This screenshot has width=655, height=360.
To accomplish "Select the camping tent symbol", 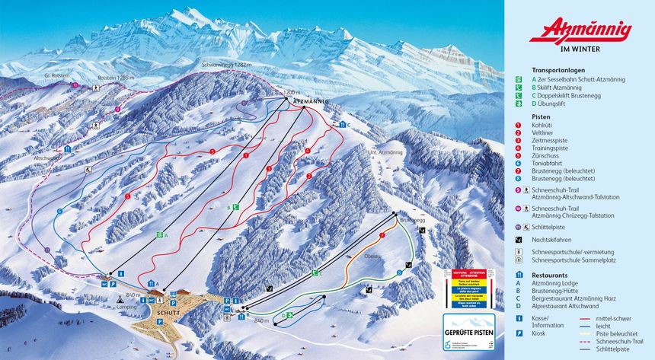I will pyautogui.click(x=121, y=301).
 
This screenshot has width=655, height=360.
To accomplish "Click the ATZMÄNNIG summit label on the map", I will pyautogui.click(x=310, y=101).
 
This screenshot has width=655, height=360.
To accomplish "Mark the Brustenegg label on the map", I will pyautogui.click(x=411, y=221).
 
